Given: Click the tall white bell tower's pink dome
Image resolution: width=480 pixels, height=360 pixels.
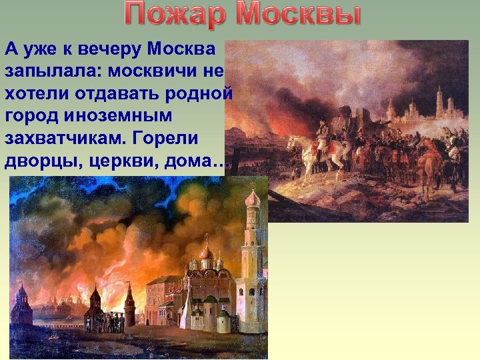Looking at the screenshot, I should (252, 198).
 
